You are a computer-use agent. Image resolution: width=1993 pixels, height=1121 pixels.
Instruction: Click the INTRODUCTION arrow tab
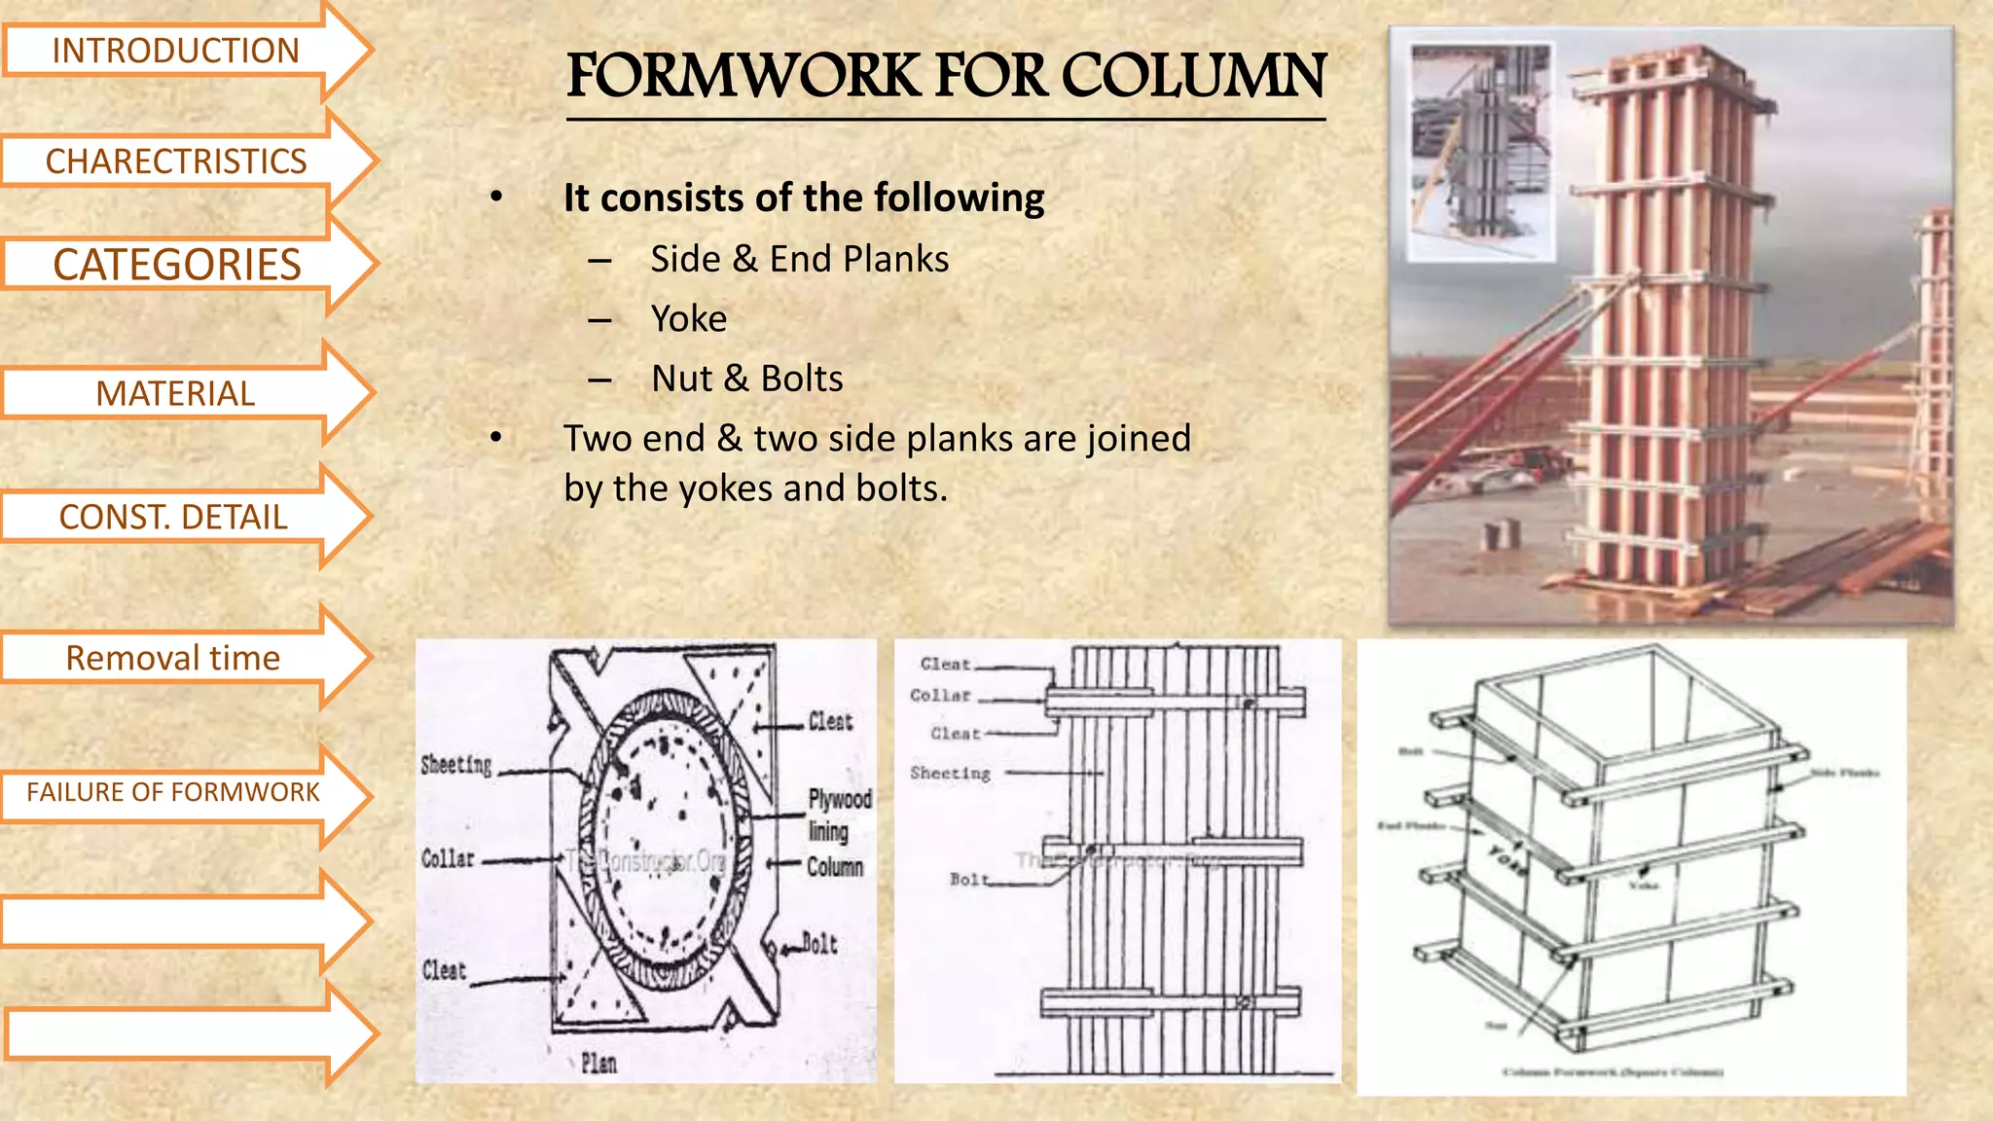click(x=175, y=51)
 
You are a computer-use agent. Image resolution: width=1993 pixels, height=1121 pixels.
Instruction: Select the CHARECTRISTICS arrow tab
click(x=175, y=161)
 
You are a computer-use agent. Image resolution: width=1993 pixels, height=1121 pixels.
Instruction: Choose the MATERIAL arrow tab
click(x=175, y=393)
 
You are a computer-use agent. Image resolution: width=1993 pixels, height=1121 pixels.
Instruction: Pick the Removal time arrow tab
click(x=172, y=658)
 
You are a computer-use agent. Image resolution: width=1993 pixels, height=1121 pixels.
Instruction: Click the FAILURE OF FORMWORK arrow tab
click(x=172, y=792)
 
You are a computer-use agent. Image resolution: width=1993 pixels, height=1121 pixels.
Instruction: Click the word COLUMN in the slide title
click(x=1193, y=76)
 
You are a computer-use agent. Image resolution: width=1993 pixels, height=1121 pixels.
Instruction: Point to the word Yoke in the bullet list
click(x=689, y=318)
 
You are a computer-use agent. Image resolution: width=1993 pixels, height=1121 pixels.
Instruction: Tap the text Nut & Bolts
click(x=747, y=379)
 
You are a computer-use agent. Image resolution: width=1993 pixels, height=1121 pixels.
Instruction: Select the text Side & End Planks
click(x=799, y=259)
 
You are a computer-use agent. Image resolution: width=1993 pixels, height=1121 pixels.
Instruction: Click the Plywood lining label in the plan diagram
click(x=839, y=814)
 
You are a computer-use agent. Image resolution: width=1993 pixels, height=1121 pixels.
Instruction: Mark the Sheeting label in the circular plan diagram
click(x=455, y=765)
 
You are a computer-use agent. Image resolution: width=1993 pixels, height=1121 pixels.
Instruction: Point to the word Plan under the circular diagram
click(x=598, y=1063)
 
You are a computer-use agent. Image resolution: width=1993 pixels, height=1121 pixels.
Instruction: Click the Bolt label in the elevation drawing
click(x=968, y=879)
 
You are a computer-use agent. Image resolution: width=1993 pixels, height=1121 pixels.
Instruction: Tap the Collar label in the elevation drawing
click(x=940, y=695)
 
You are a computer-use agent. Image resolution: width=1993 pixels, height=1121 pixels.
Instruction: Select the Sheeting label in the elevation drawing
click(x=950, y=773)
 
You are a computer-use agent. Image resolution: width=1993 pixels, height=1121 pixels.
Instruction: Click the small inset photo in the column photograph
click(x=1481, y=151)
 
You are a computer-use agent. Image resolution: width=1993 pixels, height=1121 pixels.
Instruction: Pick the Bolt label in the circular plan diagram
click(x=819, y=943)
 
